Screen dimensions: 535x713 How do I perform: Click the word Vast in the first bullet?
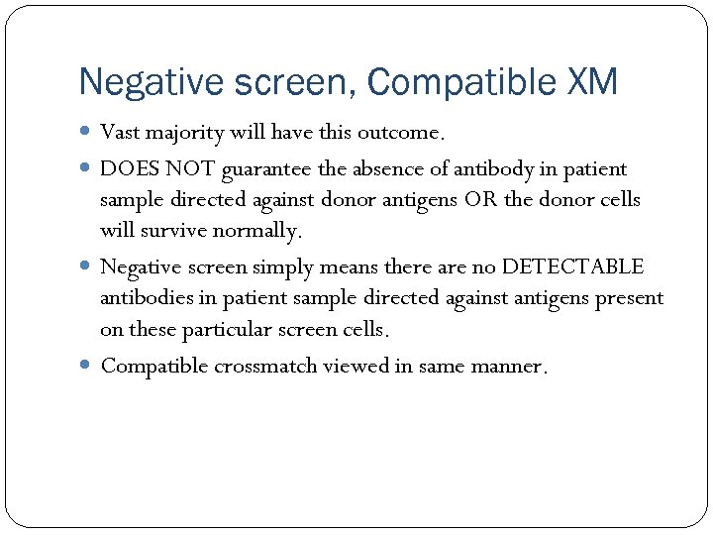pyautogui.click(x=121, y=132)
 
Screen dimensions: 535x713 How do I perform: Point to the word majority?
pyautogui.click(x=185, y=133)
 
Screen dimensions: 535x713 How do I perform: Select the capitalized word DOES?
pyautogui.click(x=126, y=169)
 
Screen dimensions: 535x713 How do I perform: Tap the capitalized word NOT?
pyautogui.click(x=186, y=169)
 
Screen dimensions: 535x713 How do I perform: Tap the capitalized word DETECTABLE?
pyautogui.click(x=572, y=267)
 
